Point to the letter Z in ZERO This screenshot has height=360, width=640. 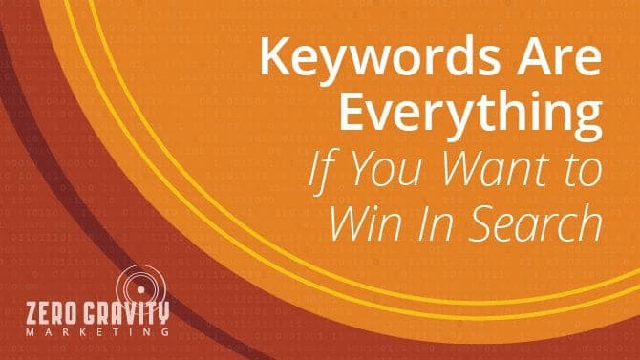click(36, 311)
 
